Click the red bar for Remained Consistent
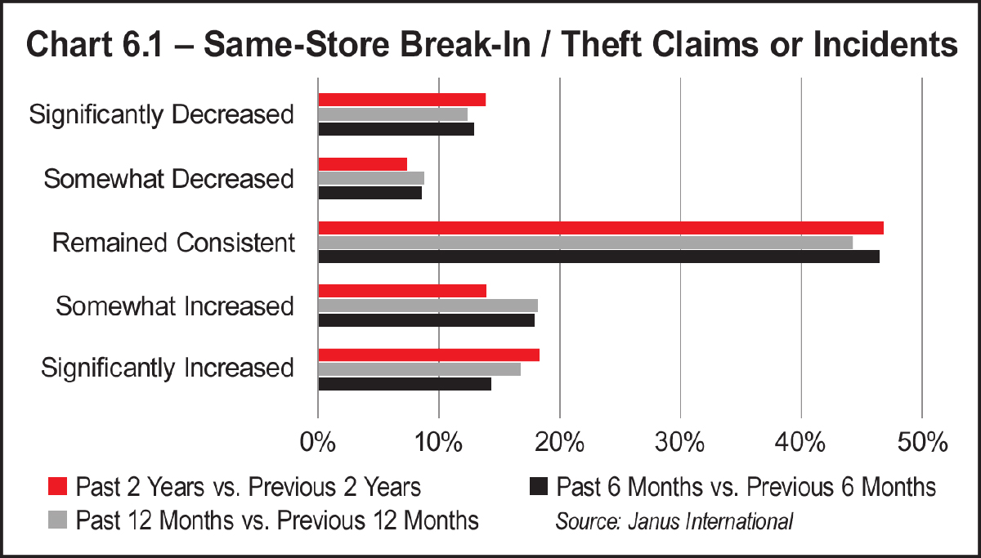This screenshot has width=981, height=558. tap(600, 228)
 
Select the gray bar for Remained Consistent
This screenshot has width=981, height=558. tap(585, 243)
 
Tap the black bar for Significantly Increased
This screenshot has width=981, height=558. tap(404, 384)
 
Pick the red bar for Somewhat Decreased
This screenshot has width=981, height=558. tap(362, 164)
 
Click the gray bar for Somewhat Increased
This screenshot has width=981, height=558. tap(428, 306)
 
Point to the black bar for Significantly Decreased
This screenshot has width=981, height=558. tap(396, 129)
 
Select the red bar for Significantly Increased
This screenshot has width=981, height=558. tap(428, 355)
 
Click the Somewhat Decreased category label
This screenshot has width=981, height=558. tap(168, 179)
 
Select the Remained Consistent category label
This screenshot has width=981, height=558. tap(172, 243)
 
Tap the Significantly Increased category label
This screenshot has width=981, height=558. tap(168, 368)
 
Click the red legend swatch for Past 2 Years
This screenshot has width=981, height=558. tap(57, 487)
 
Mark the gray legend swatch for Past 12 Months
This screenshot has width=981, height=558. tap(57, 520)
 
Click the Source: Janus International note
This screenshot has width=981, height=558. tap(674, 520)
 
